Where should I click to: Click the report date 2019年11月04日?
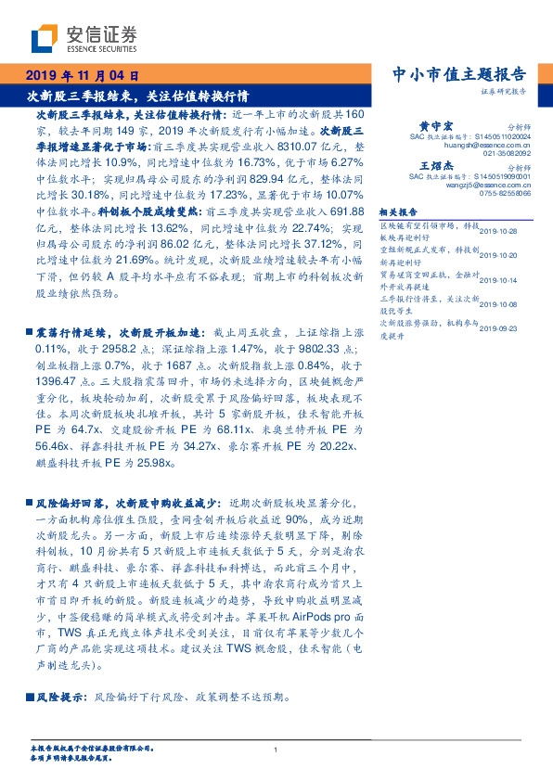[x=84, y=76]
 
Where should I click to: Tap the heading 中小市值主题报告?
[x=460, y=75]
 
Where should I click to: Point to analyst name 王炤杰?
[x=435, y=164]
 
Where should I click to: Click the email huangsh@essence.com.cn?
[x=483, y=146]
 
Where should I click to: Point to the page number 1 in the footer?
[x=276, y=749]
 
